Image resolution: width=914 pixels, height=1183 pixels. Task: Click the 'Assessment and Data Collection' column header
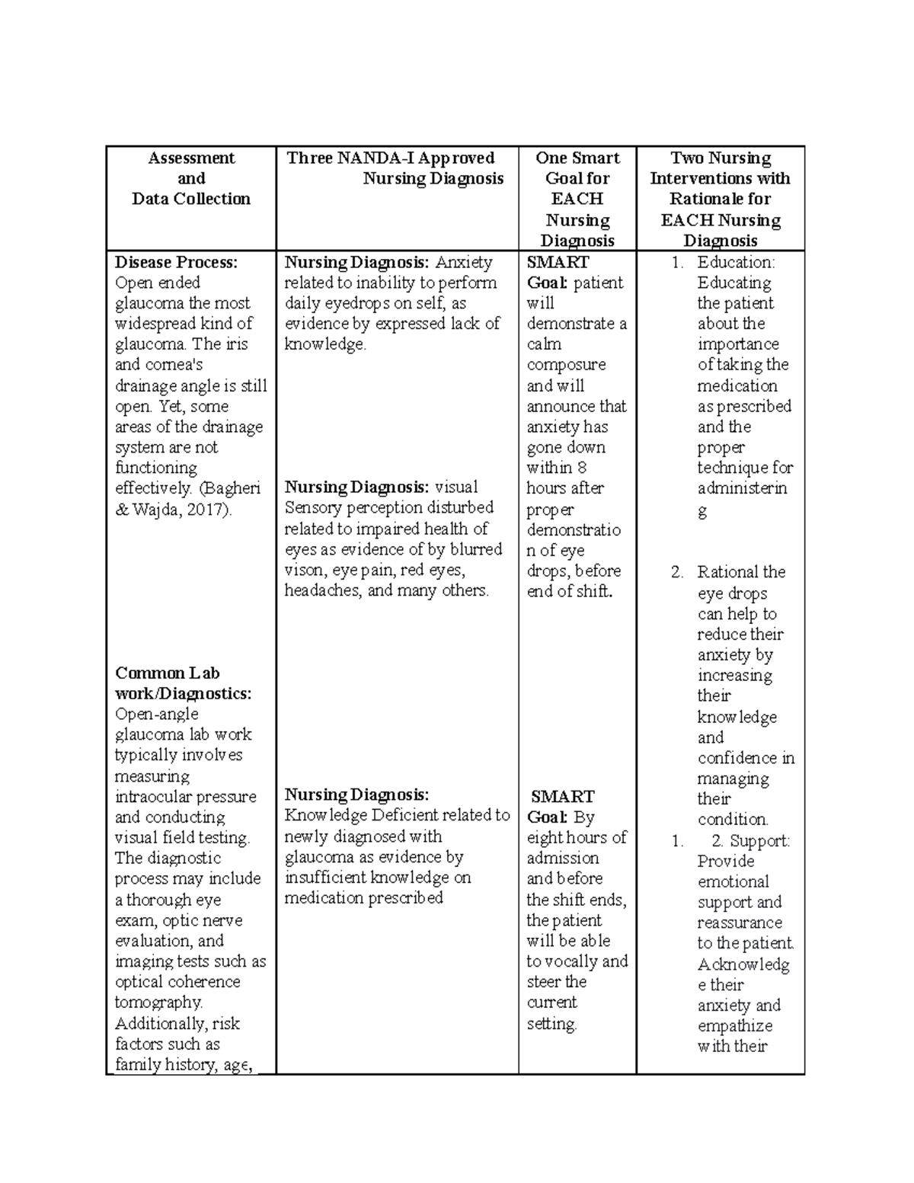190,178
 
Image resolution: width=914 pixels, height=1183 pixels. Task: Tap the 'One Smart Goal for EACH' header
577,199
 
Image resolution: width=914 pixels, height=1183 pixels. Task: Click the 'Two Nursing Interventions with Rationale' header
720,199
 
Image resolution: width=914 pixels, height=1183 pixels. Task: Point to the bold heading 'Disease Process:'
176,262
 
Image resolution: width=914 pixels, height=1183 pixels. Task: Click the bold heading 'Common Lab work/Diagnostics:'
183,683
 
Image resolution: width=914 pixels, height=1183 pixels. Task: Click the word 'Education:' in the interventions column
736,262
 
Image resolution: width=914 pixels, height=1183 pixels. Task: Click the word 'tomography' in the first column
158,1002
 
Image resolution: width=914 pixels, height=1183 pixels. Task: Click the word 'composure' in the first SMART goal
566,365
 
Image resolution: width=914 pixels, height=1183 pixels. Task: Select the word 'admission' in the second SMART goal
563,858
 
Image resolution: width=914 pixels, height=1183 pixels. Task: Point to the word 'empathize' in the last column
734,1026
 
